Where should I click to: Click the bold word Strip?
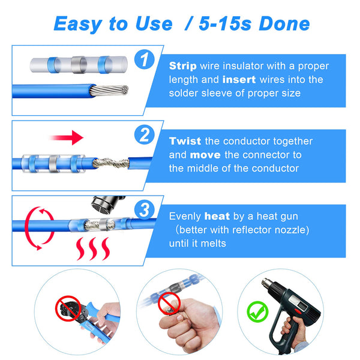click(182, 66)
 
